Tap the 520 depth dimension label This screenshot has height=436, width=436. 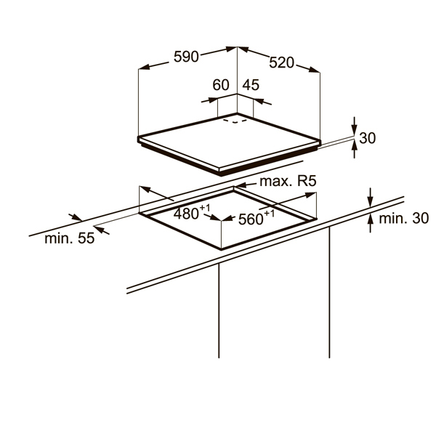point(281,62)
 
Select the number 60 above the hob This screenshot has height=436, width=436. point(221,85)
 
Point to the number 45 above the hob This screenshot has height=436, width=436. point(251,85)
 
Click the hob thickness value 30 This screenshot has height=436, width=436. point(368,138)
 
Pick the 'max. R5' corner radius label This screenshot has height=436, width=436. point(290,181)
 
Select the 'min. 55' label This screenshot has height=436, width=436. point(69,238)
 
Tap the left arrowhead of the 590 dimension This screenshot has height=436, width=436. point(142,67)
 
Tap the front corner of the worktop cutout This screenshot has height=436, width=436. point(221,248)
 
